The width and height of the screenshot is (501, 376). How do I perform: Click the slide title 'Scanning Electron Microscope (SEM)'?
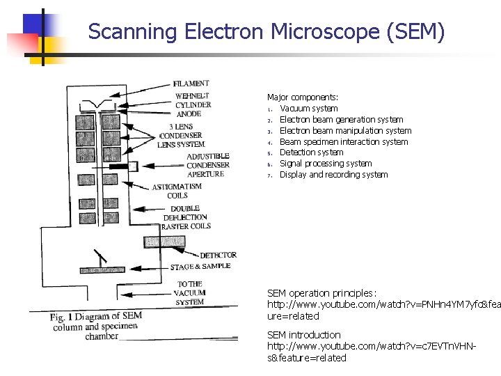(x=266, y=32)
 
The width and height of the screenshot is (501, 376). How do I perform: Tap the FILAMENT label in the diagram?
(x=191, y=84)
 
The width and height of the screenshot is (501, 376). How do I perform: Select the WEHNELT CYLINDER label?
(x=193, y=100)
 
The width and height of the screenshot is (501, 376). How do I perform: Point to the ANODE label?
(x=189, y=114)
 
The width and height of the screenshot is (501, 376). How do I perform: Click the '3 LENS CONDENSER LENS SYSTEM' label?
(x=182, y=135)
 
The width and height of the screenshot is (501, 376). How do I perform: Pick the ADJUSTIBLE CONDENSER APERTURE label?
(x=207, y=165)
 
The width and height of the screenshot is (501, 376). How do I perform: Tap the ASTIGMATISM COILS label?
(x=177, y=191)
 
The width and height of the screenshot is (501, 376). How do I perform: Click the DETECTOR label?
(x=218, y=256)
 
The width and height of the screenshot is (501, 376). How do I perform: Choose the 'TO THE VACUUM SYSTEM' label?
(x=190, y=293)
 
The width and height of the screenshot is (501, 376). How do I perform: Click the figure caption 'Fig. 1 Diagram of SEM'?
(x=95, y=317)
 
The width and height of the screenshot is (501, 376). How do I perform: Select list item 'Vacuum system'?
(x=308, y=109)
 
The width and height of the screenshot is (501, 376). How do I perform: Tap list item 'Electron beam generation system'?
(x=341, y=120)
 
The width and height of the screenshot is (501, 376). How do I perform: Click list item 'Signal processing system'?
(x=326, y=164)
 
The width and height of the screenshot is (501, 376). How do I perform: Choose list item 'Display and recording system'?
(x=333, y=175)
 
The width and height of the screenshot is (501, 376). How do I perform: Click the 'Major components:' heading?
(x=303, y=97)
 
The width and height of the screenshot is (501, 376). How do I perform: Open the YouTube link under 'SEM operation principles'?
(x=383, y=305)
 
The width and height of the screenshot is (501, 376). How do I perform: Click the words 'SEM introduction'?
(x=304, y=335)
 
